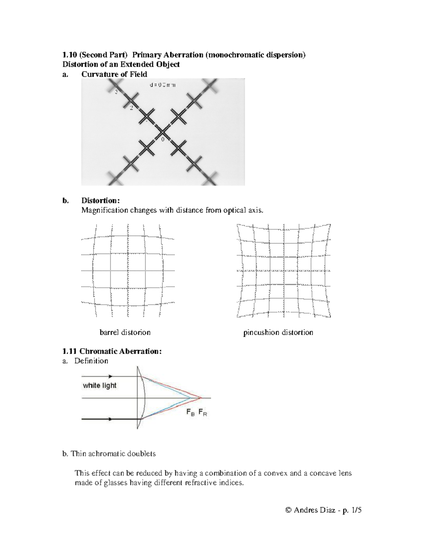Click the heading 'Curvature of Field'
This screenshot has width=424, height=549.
114,74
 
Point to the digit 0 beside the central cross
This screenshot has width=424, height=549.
163,140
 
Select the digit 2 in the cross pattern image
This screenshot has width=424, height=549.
131,108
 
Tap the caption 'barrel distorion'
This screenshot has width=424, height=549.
125,333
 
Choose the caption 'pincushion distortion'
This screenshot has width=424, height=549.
278,333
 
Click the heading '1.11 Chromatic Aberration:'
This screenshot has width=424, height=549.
112,351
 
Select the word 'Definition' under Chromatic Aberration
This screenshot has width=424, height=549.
91,361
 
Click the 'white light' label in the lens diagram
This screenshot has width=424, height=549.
100,386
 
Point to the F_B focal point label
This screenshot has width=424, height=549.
190,413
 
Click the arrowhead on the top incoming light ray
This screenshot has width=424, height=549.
111,376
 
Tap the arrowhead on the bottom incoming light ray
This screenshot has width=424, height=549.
111,419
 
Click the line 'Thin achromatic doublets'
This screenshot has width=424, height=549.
113,454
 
